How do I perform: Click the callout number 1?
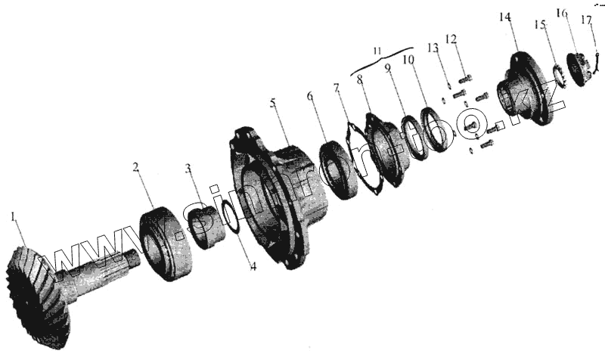13,218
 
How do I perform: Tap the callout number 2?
136,166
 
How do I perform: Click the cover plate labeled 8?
385,148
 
